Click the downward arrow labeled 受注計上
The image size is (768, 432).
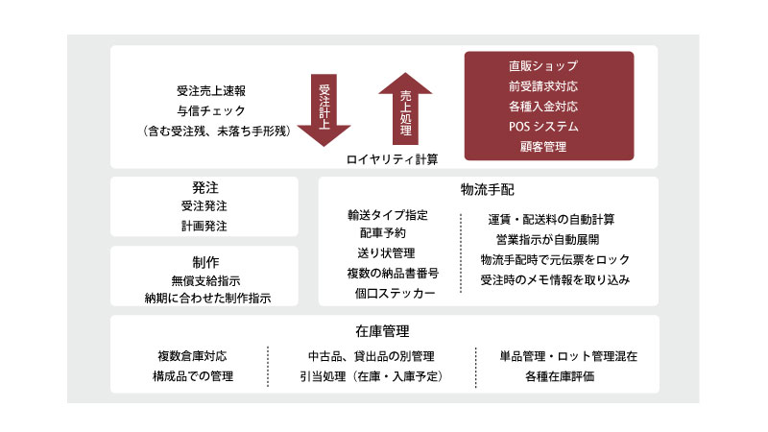coord(324,110)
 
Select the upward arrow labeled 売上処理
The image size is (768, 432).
coord(405,108)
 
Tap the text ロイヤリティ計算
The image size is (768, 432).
coord(392,159)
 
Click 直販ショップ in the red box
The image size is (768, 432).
coord(543,65)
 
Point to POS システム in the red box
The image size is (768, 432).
coord(543,127)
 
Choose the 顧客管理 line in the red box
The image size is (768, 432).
coord(543,147)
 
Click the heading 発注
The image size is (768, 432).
coord(205,187)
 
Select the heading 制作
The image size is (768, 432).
coord(205,262)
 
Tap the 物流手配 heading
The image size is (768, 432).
coord(488,189)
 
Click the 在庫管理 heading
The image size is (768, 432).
coord(382,331)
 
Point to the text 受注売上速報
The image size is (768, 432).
coord(211,90)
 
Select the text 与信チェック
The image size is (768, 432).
coord(211,111)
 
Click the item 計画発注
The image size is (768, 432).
coord(204,226)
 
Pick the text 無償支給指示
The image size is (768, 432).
coord(205,280)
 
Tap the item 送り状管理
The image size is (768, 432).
coord(386,252)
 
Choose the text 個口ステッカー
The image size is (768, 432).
coord(395,293)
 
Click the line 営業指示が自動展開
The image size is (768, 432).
coord(547,239)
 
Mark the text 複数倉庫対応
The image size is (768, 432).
coord(193,355)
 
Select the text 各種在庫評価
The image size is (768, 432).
coord(560,376)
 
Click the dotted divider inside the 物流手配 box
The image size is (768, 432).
coord(461,253)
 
